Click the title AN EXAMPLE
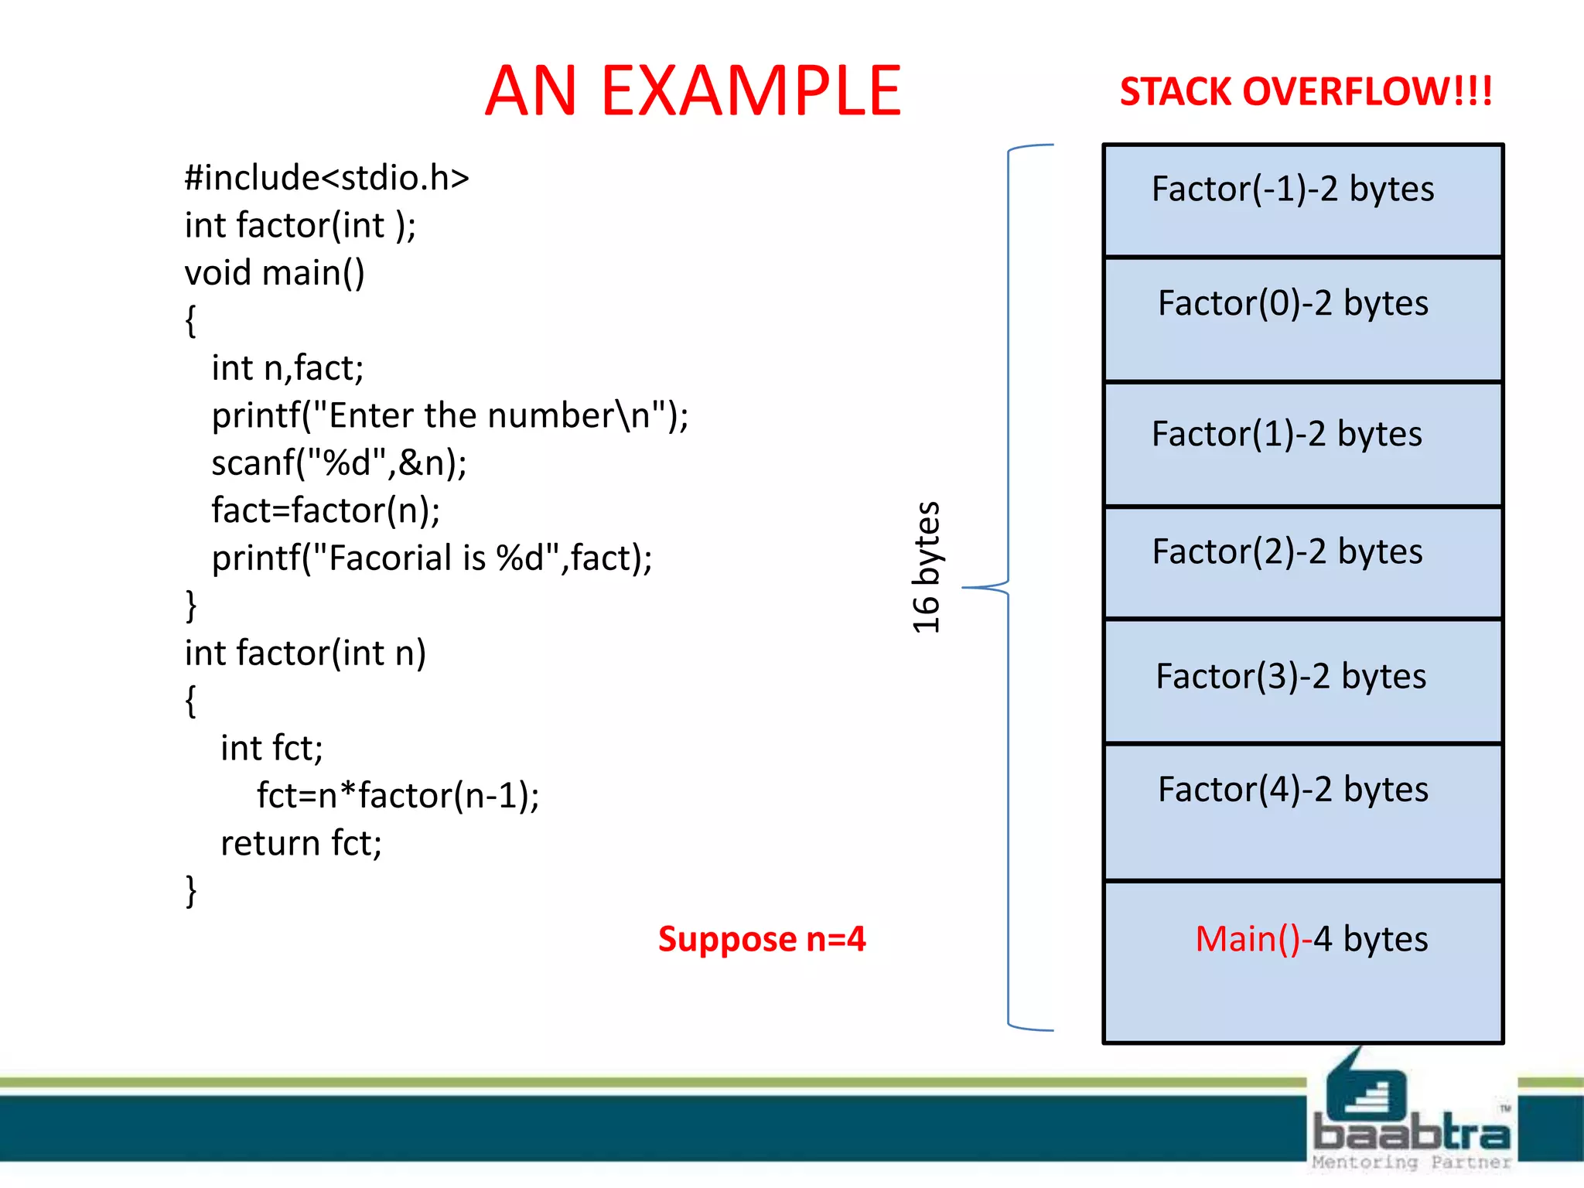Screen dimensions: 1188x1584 click(693, 91)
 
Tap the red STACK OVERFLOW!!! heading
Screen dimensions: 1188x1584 click(1306, 91)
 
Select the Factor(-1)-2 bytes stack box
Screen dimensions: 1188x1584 click(1302, 200)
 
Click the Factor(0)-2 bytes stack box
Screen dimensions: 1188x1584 click(1302, 319)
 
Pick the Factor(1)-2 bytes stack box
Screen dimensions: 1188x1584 click(1302, 444)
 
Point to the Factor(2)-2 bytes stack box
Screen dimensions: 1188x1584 click(1302, 562)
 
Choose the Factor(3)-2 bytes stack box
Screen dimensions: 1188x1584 click(1302, 681)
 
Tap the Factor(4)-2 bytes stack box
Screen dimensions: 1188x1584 click(1302, 811)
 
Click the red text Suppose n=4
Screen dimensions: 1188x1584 click(762, 939)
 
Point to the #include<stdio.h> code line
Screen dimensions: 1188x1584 click(326, 178)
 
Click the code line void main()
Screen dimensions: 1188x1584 click(275, 273)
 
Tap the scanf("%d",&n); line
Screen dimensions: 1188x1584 click(339, 463)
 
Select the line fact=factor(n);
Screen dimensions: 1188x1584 click(326, 510)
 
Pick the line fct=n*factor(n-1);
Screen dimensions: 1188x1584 click(398, 795)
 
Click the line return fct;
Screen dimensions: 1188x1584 click(301, 843)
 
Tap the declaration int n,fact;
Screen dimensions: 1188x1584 click(287, 368)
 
